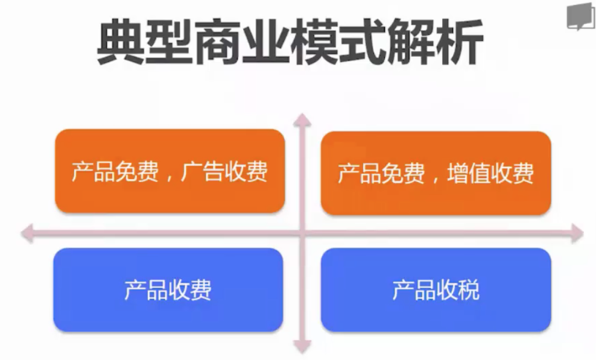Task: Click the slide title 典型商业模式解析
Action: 290,43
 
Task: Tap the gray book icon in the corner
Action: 580,17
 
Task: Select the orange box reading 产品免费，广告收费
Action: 170,171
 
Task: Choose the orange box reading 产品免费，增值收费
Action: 436,173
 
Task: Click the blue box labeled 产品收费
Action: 168,289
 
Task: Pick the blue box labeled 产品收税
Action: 436,289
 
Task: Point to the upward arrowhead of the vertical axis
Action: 302,119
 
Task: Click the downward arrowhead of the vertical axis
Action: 303,347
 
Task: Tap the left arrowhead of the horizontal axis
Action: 27,233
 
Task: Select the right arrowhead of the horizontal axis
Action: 577,233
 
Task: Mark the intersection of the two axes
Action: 302,233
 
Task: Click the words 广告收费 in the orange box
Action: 224,171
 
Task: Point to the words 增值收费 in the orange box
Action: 490,173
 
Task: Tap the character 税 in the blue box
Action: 469,290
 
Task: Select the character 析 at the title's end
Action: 461,43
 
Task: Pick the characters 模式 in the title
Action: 339,43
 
